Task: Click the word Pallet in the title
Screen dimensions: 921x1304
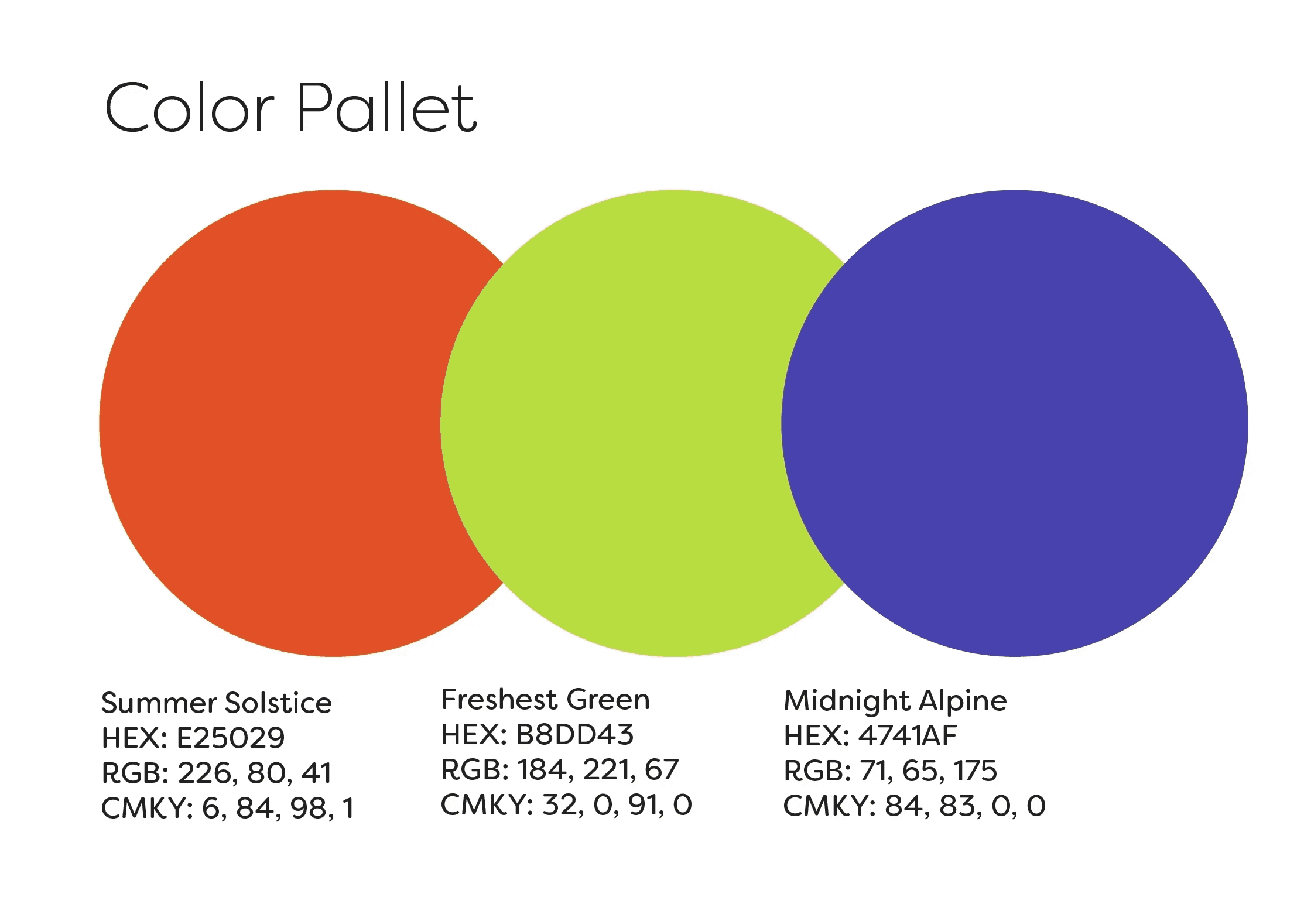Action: click(387, 107)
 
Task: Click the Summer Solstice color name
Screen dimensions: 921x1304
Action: click(217, 703)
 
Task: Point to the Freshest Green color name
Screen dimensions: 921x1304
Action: click(545, 700)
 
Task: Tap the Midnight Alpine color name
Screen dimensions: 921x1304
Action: click(895, 701)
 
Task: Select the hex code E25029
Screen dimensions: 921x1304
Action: click(231, 738)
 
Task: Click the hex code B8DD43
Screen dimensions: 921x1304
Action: click(575, 735)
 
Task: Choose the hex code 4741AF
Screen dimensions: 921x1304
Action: click(908, 736)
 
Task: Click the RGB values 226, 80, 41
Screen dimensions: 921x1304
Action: click(255, 773)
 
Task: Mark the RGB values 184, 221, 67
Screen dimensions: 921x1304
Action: click(598, 770)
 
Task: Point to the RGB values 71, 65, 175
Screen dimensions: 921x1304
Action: click(928, 771)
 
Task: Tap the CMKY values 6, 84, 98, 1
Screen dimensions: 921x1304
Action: click(278, 809)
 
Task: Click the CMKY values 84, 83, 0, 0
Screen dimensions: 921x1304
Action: click(965, 806)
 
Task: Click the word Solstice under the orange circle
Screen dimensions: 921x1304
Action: click(278, 703)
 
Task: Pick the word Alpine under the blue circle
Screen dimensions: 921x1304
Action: click(963, 701)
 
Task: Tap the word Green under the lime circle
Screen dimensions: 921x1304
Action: click(608, 700)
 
